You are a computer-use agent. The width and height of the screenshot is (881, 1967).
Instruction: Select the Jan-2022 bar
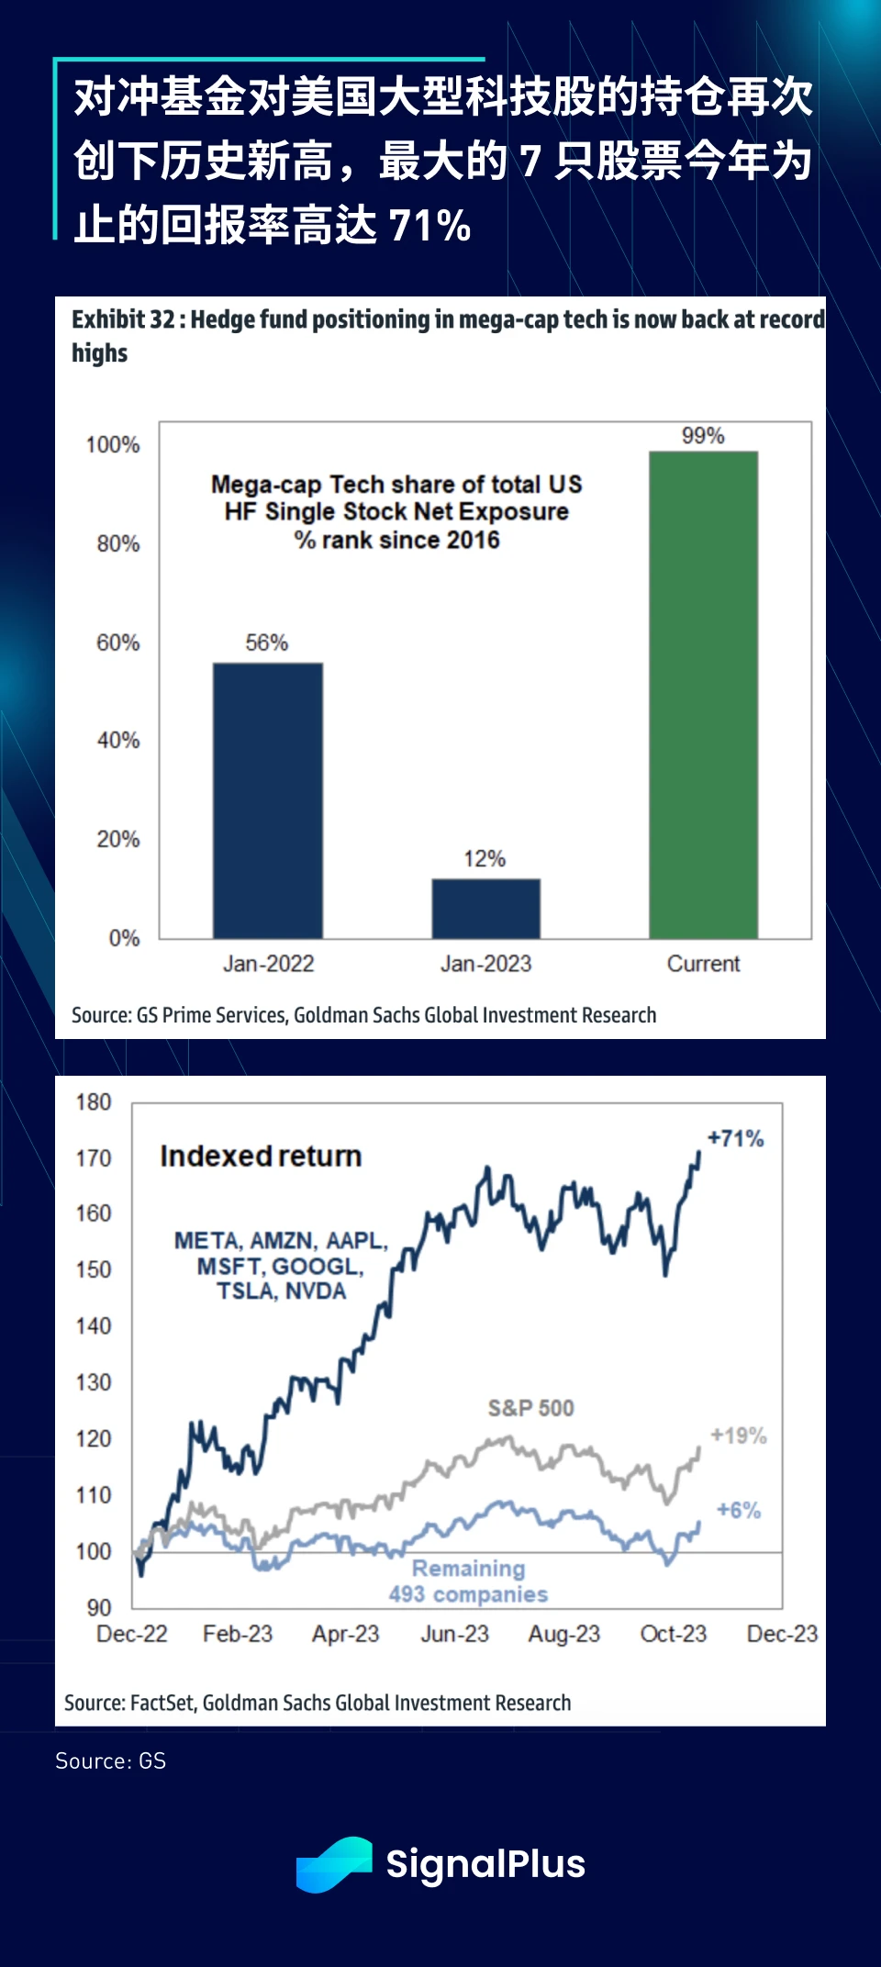[268, 799]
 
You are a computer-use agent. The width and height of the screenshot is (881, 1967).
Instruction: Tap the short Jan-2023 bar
[485, 908]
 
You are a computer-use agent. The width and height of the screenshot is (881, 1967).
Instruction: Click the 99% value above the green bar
[703, 436]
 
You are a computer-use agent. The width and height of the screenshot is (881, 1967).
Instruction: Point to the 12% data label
[485, 859]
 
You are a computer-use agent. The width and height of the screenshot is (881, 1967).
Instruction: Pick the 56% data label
[267, 643]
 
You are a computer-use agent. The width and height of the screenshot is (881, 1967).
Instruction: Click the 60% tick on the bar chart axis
[118, 643]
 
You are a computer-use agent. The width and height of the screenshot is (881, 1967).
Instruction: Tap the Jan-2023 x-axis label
[485, 964]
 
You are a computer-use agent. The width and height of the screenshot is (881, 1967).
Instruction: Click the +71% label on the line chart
[736, 1139]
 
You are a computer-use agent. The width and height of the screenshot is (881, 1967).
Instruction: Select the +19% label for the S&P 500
[739, 1436]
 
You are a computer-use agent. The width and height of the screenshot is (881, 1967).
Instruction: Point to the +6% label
[739, 1510]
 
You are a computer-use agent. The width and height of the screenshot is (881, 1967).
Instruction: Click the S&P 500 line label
[530, 1408]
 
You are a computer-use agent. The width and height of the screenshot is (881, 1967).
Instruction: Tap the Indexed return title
[261, 1157]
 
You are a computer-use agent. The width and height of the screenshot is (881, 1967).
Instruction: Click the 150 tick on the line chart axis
[94, 1269]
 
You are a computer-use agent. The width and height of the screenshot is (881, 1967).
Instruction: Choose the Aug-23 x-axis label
[563, 1634]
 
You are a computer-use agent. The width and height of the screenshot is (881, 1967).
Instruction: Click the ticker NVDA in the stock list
[315, 1291]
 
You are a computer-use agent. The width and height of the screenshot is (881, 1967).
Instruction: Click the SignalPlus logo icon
[333, 1864]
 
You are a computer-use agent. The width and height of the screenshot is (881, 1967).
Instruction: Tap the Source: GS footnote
[111, 1760]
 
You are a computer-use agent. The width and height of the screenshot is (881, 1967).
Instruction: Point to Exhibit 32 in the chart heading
[123, 319]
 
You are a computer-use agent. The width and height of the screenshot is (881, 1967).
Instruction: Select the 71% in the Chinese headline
[429, 225]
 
